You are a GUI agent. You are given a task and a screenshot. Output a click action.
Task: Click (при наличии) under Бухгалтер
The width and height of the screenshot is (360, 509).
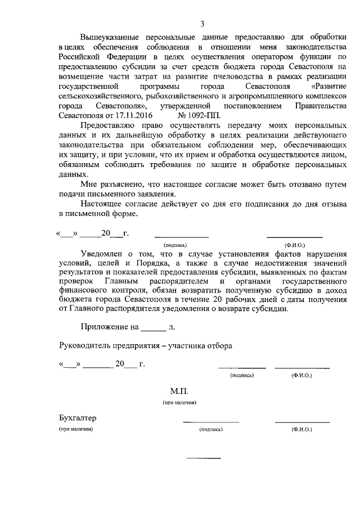[76, 429]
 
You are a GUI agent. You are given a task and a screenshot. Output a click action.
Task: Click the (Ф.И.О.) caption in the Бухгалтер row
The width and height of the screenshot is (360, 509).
[301, 429]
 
